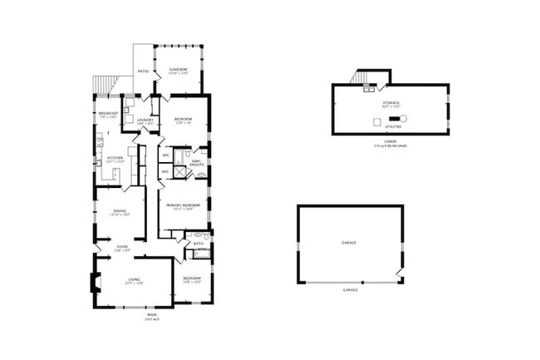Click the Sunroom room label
coord(178,69)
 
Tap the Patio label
coord(143,72)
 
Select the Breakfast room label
coord(108,113)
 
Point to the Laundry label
coord(133,120)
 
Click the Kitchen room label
coord(115,158)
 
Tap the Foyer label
coord(121,246)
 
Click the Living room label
coord(134,280)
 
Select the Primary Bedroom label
coord(184,205)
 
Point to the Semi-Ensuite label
coord(197,163)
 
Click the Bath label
coord(199,244)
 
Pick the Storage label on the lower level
coord(390,102)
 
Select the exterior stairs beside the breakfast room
coord(101,86)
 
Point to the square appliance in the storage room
coord(376,121)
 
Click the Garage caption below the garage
coord(350,290)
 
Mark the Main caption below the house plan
coord(151,314)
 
